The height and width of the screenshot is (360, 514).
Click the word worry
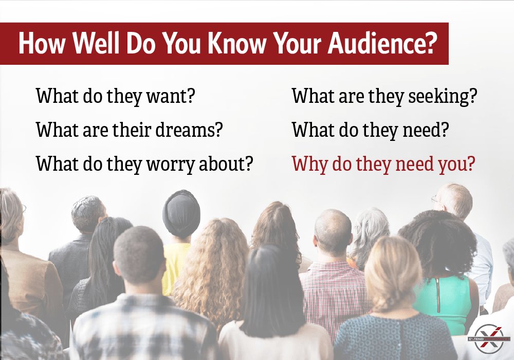[172, 164]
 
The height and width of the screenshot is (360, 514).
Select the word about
[226, 164]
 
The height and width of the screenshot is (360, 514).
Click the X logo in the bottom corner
[488, 339]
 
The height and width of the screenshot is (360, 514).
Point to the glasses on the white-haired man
[436, 199]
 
